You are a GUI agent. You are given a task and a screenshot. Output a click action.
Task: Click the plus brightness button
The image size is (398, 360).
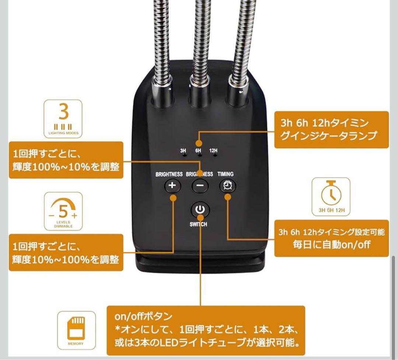tap(172, 186)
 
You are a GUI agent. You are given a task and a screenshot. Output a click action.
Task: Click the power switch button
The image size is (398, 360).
tap(200, 210)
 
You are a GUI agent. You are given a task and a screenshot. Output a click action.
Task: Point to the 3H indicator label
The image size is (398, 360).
tap(183, 150)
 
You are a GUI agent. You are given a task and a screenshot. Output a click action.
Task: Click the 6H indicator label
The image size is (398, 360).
tap(198, 150)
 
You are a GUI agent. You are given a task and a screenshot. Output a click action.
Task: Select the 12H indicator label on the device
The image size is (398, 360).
tap(213, 150)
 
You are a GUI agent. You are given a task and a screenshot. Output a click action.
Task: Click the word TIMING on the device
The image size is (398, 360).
tap(225, 174)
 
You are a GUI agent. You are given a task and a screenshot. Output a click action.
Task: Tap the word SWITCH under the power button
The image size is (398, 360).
tap(199, 224)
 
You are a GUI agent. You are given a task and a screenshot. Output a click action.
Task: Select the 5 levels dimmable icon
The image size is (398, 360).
tap(63, 212)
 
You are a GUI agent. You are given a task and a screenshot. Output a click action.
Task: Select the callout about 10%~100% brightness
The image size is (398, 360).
tap(66, 253)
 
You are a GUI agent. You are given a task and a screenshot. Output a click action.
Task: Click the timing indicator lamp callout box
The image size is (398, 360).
tap(331, 129)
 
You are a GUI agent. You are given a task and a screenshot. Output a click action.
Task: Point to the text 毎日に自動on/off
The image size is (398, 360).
tap(331, 245)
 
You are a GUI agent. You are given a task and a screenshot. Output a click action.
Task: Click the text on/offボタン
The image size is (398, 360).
tap(143, 316)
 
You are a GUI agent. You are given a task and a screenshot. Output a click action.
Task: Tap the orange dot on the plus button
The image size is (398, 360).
tap(173, 198)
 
